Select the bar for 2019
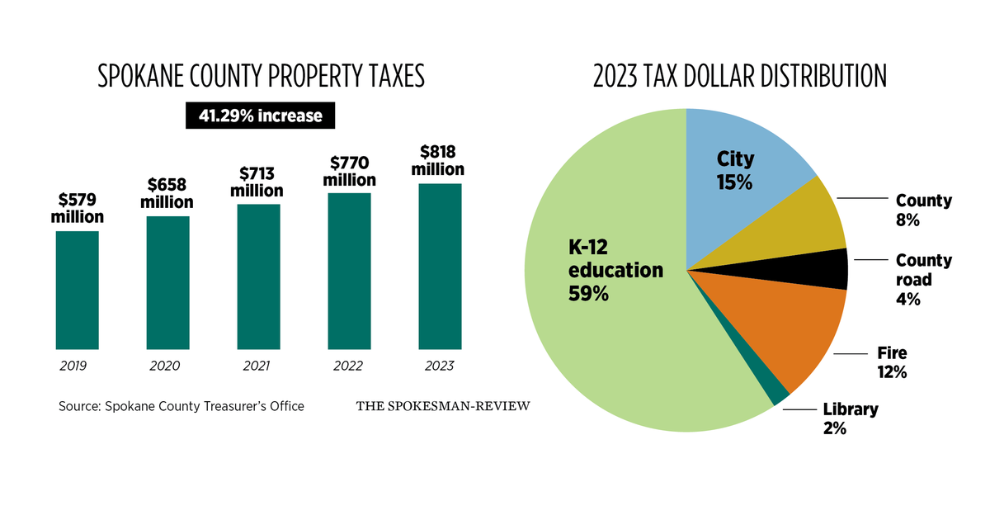pyautogui.click(x=77, y=290)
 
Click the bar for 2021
pyautogui.click(x=258, y=277)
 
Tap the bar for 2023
pyautogui.click(x=440, y=266)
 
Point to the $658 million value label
pyautogui.click(x=167, y=192)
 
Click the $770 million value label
pyautogui.click(x=349, y=170)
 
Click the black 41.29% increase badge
pyautogui.click(x=260, y=116)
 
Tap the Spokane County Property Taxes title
pyautogui.click(x=261, y=77)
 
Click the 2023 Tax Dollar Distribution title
pyautogui.click(x=739, y=77)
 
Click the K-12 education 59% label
pyautogui.click(x=615, y=270)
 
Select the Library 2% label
pyautogui.click(x=850, y=418)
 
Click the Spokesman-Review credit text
pyautogui.click(x=443, y=406)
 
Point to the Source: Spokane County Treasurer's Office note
pyautogui.click(x=181, y=406)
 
